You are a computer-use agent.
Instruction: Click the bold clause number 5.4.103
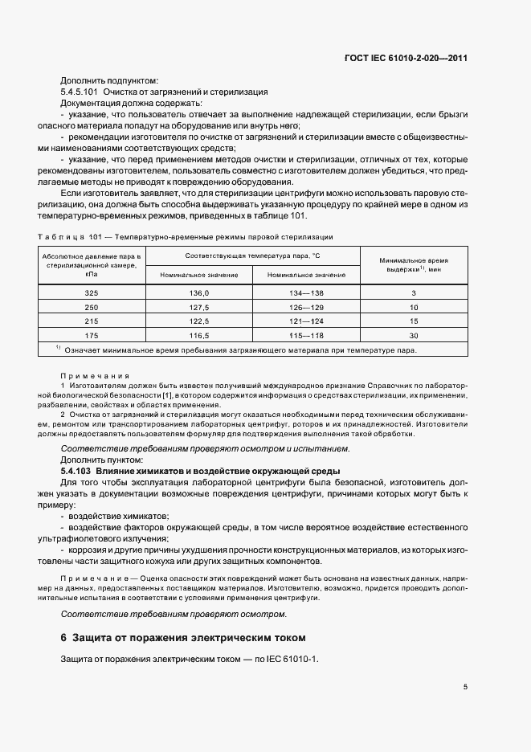(x=76, y=470)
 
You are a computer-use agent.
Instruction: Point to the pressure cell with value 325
(x=92, y=293)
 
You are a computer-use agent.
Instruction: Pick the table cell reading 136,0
(x=199, y=293)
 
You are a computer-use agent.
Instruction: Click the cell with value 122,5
(x=199, y=321)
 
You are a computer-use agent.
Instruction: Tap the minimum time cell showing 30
(x=414, y=334)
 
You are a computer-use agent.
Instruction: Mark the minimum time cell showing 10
(x=414, y=307)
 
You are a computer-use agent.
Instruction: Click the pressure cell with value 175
(x=92, y=334)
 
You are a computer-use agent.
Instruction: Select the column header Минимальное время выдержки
(x=414, y=265)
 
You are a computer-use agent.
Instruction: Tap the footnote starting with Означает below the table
(x=241, y=349)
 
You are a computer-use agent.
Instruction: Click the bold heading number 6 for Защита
(x=64, y=638)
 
